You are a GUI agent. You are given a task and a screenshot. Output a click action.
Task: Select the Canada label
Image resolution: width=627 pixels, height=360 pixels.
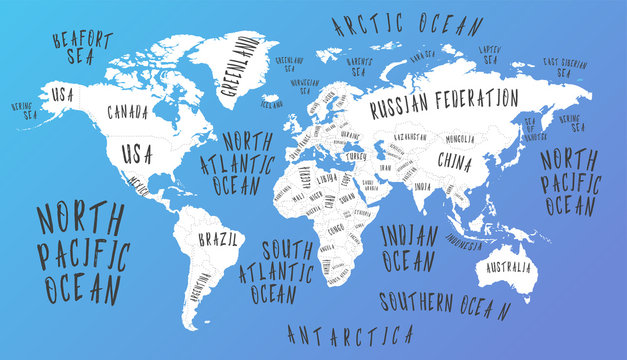point(127,111)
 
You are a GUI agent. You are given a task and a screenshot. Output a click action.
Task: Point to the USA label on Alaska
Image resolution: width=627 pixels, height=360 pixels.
point(63,94)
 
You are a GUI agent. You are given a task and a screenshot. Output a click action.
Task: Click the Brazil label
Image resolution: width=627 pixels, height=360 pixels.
point(218,240)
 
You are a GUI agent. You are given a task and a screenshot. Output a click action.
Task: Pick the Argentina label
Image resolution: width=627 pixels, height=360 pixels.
point(200,295)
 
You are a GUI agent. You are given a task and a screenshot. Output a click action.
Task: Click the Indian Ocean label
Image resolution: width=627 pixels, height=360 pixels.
point(409,248)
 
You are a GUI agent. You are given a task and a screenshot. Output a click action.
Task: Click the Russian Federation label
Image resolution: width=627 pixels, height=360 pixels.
point(443,101)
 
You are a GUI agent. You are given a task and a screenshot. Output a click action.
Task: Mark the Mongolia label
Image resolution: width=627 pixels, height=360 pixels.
point(461,138)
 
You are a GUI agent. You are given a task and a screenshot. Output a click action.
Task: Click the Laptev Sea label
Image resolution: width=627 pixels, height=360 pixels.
point(489,54)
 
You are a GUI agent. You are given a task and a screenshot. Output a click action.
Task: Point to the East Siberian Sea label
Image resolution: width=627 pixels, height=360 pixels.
point(566,65)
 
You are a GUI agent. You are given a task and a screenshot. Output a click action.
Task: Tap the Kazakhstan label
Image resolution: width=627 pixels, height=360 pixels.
point(410,137)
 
